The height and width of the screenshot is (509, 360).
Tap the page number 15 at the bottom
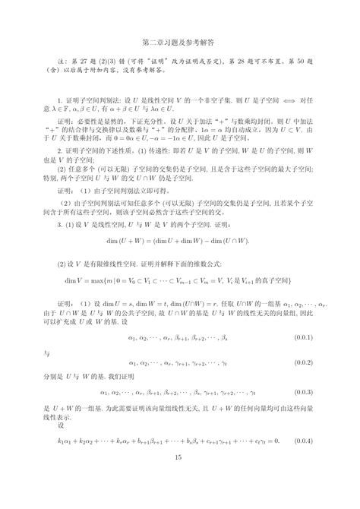(179, 478)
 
